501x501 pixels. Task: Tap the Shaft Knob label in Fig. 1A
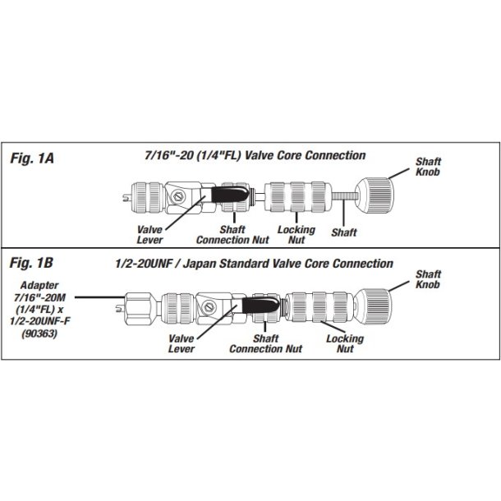click(430, 166)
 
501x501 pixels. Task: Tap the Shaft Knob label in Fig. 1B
click(430, 278)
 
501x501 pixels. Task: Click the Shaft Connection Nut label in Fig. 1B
click(254, 343)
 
